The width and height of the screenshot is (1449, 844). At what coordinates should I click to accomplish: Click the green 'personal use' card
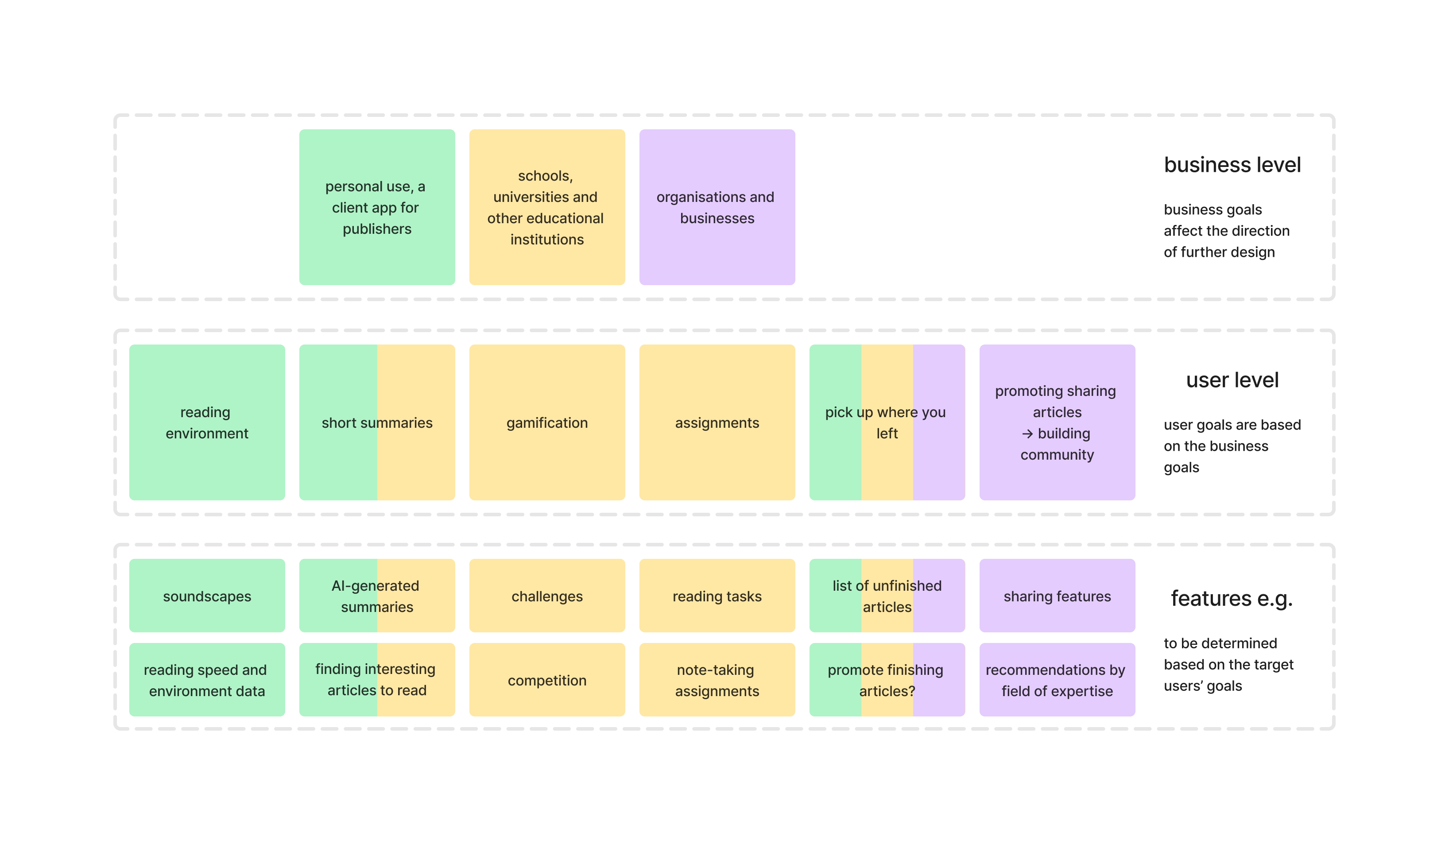point(376,207)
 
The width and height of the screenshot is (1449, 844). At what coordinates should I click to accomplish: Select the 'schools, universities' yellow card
point(547,207)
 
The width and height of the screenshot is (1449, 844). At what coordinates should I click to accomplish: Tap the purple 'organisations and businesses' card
point(717,207)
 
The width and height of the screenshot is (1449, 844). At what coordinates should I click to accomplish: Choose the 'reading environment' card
point(207,422)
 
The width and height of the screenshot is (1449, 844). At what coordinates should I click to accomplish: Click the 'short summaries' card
point(376,422)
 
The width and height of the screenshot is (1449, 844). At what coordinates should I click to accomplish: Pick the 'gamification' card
point(547,422)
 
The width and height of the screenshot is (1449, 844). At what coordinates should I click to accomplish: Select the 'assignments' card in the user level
point(717,422)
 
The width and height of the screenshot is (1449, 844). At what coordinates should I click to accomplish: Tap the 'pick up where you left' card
point(887,422)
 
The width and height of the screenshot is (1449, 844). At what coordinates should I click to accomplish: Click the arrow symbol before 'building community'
point(1027,434)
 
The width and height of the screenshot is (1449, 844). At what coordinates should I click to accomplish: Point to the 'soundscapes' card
point(207,596)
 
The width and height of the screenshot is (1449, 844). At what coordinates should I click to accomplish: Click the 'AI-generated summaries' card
point(376,596)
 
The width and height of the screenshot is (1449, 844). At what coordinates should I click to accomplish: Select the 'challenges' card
point(547,596)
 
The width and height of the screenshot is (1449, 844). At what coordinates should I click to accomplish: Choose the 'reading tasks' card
point(717,596)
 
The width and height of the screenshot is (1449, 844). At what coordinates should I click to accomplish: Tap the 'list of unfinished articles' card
point(887,596)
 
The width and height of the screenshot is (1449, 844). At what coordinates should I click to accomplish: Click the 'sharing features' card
point(1057,596)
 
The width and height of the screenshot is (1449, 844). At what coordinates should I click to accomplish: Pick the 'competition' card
point(547,680)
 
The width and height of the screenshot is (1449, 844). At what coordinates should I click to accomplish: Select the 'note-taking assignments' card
point(717,680)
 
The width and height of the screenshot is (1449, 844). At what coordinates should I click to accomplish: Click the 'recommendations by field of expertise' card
point(1057,680)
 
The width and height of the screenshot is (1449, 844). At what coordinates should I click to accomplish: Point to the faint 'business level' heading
point(1232,165)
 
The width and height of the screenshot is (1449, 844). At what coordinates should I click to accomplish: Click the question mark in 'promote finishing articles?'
point(911,691)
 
